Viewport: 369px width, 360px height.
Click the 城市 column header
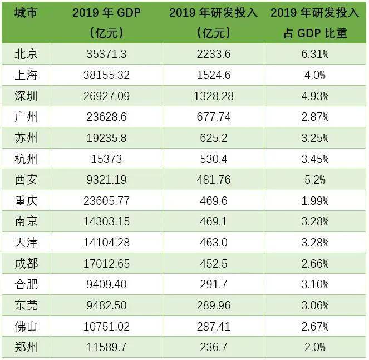point(26,13)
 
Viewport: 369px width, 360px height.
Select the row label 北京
point(26,54)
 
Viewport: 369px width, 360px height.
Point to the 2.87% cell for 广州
point(314,117)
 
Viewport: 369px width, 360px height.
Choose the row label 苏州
point(26,138)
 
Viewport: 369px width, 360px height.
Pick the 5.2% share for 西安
point(314,180)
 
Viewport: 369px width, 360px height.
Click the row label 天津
point(26,243)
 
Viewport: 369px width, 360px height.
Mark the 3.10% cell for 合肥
point(314,284)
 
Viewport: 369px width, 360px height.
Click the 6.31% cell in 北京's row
point(314,54)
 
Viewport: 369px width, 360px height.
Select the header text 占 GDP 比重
point(315,33)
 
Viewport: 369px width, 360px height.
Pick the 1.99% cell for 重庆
point(314,201)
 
